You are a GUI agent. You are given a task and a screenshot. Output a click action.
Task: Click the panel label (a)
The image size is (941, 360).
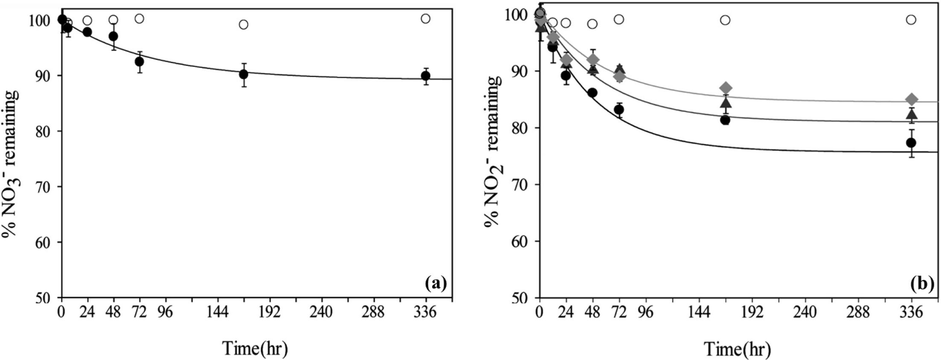435,283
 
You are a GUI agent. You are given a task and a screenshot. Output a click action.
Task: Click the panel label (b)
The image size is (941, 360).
922,283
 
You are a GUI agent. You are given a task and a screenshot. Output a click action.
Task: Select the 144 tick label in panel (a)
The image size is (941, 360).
218,312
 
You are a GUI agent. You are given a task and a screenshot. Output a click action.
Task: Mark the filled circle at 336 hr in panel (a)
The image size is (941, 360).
425,76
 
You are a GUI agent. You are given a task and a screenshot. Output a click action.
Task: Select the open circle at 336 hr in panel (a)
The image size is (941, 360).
425,18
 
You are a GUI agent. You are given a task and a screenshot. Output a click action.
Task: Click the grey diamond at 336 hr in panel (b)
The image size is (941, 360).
911,99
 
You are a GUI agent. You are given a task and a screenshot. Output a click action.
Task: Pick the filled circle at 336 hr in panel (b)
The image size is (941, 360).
911,142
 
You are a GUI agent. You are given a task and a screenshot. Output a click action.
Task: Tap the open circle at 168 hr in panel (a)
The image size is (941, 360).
243,24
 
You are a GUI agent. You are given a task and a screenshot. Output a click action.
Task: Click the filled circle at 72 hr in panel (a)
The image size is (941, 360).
139,61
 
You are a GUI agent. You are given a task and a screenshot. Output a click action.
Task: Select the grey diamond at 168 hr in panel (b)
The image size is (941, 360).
725,88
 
